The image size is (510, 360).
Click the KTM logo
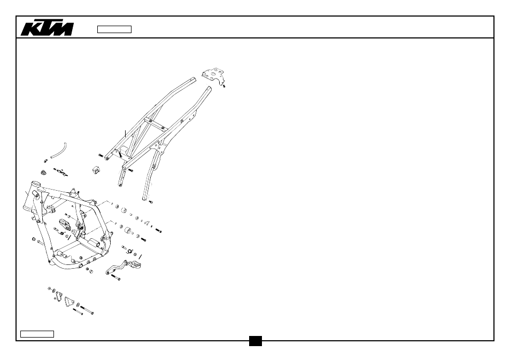click(x=47, y=29)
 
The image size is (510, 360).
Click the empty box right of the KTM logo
click(x=114, y=29)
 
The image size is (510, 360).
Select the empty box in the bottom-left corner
click(x=37, y=334)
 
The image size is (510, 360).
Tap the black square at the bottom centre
click(x=256, y=341)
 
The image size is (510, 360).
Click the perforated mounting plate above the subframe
click(x=213, y=75)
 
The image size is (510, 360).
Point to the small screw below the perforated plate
click(x=224, y=86)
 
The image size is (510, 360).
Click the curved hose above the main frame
click(x=59, y=151)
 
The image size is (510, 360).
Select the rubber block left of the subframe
click(x=96, y=170)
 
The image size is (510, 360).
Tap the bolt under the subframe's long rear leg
click(x=151, y=202)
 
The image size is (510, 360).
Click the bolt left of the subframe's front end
click(x=101, y=155)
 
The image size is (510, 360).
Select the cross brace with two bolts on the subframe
click(x=156, y=124)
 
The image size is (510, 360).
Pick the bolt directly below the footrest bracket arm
click(x=116, y=277)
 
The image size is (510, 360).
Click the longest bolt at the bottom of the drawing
click(x=87, y=310)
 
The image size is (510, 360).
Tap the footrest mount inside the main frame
click(x=64, y=225)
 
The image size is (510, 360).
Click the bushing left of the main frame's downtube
click(x=34, y=239)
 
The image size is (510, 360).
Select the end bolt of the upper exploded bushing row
click(x=159, y=231)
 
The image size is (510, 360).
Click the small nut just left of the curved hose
click(x=45, y=160)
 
